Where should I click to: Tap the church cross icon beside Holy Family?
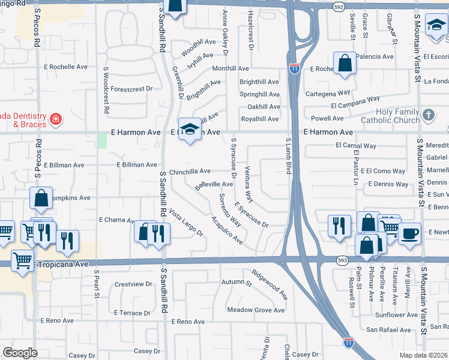pos(428,114)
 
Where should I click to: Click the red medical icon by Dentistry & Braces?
pos(56,119)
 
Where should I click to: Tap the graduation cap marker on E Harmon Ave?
pos(190,129)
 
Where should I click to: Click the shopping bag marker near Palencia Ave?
pos(345,63)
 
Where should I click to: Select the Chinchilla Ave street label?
pos(190,171)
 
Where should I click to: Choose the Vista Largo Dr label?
pos(185,222)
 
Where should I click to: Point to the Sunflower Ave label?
pos(395,314)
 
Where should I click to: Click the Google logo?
pos(20,353)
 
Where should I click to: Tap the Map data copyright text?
pos(424,355)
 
